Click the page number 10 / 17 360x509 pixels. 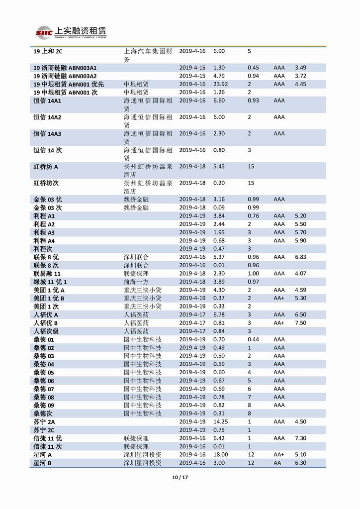point(180,478)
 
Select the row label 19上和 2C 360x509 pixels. point(48,51)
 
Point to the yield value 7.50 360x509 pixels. point(300,323)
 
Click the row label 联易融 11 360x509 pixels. point(47,274)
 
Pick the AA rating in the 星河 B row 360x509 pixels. point(278,463)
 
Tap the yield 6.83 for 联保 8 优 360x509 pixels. point(300,257)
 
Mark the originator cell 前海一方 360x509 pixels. point(136,282)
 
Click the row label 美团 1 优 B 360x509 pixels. point(49,298)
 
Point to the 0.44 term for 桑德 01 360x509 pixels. point(253,339)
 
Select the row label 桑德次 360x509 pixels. point(43,413)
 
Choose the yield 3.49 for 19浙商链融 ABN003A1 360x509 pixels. point(300,68)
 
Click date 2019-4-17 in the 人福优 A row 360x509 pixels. point(192,314)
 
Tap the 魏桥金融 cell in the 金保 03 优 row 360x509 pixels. point(136,200)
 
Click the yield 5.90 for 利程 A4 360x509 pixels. point(300,241)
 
